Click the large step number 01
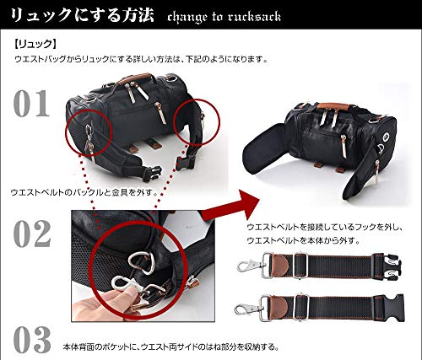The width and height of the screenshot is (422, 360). click(31, 104)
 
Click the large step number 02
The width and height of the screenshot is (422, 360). click(32, 234)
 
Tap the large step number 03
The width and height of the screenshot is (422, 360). click(32, 340)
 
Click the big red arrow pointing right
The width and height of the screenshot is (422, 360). click(230, 205)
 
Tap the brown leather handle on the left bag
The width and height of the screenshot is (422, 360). click(134, 78)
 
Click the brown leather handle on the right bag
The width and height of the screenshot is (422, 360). click(333, 106)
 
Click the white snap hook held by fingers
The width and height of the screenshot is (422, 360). click(124, 286)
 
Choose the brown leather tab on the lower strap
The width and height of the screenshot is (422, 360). click(277, 308)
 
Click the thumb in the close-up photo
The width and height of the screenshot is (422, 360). click(126, 298)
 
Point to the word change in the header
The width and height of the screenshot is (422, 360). click(187, 18)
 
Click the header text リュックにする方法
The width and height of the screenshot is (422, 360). click(82, 15)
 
